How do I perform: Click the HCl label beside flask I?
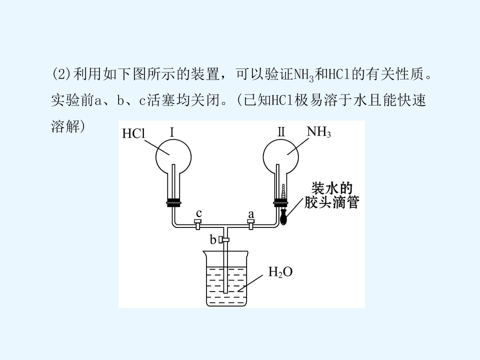(133, 133)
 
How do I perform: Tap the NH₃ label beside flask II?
(318, 132)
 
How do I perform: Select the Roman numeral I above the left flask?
(171, 132)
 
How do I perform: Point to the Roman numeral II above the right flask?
(281, 132)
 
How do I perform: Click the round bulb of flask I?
(173, 156)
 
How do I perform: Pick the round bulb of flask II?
(280, 156)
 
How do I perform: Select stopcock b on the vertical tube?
(224, 239)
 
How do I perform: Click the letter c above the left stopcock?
(198, 213)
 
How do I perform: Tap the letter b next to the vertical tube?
(213, 239)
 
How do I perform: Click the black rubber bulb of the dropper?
(284, 216)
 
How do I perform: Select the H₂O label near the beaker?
(280, 272)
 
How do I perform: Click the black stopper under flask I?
(173, 202)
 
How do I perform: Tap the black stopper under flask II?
(280, 202)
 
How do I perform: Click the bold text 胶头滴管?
(331, 202)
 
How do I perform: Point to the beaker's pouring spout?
(204, 252)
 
